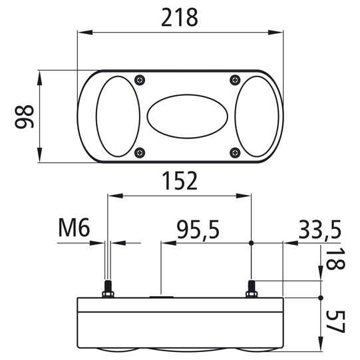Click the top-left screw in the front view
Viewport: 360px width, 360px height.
[x=139, y=80]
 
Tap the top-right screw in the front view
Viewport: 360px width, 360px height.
[x=234, y=80]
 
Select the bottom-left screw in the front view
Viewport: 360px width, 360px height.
[x=139, y=154]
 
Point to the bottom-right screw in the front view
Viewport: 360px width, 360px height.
[x=234, y=154]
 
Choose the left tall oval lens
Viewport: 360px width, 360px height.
[x=118, y=117]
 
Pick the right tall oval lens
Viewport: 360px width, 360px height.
[x=256, y=117]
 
